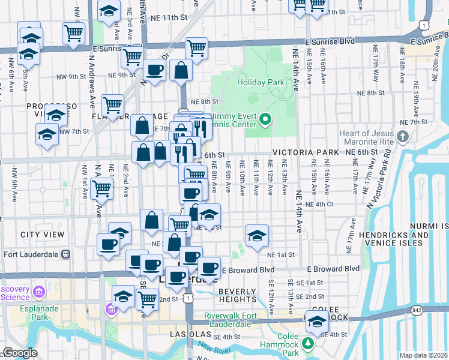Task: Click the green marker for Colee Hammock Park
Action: coord(308,343)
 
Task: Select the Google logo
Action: coord(19,353)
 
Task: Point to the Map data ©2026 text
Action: coord(423,355)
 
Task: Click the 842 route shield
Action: coord(417,310)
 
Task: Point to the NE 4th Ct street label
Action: coord(319,204)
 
